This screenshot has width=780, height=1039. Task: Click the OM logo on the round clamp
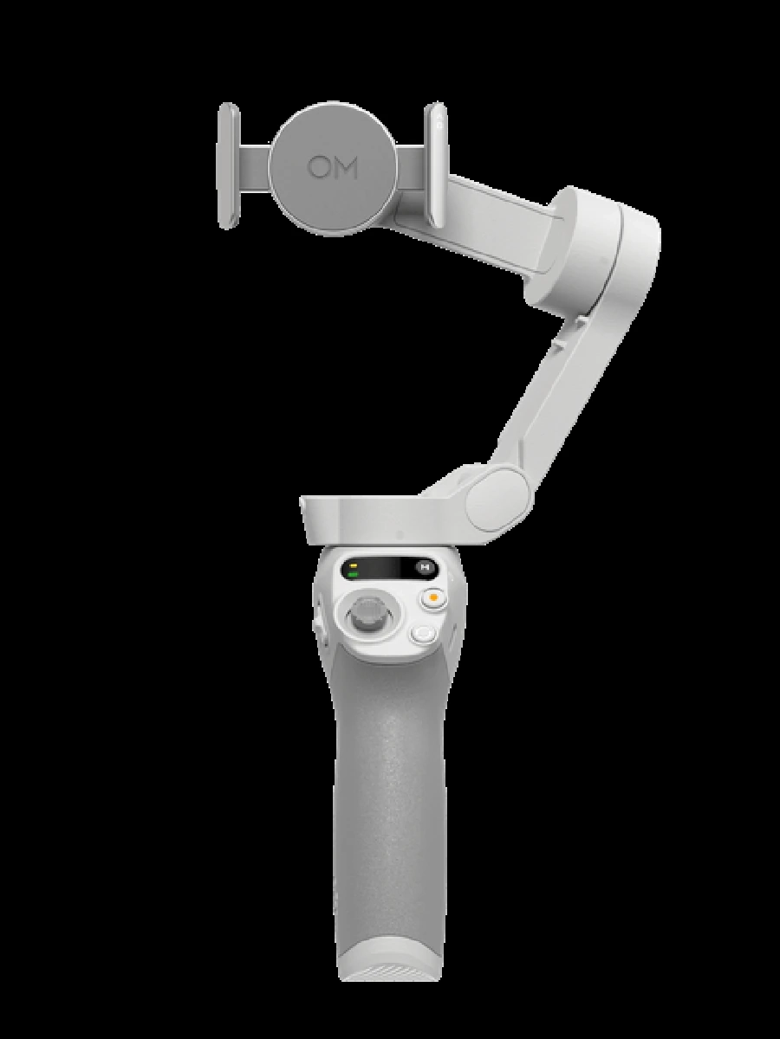pyautogui.click(x=332, y=168)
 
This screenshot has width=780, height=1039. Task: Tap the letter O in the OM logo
pyautogui.click(x=318, y=168)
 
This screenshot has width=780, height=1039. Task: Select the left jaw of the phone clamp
pyautogui.click(x=228, y=165)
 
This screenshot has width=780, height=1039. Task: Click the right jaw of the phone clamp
pyautogui.click(x=436, y=165)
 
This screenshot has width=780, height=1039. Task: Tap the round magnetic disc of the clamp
pyautogui.click(x=332, y=168)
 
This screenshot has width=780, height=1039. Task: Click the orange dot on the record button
pyautogui.click(x=432, y=597)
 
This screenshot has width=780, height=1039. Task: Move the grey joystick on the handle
pyautogui.click(x=369, y=616)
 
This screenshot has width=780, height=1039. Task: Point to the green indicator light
pyautogui.click(x=353, y=575)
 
